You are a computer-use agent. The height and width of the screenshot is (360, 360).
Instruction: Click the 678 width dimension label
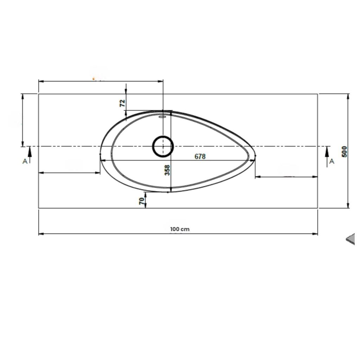[200, 156]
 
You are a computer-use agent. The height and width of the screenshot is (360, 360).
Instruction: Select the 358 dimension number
[168, 170]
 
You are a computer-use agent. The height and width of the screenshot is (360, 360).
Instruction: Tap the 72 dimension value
[122, 103]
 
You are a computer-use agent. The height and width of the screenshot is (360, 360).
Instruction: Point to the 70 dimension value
[141, 201]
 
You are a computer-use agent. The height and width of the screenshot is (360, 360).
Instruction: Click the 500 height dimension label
[345, 152]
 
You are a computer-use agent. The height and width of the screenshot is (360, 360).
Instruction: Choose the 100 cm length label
[180, 229]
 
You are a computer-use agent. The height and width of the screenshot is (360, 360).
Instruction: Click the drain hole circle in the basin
[163, 146]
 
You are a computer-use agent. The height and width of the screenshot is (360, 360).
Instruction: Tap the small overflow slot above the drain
[163, 117]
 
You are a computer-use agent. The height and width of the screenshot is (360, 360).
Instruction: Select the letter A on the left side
[25, 161]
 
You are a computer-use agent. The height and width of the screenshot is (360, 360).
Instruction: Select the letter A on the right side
[332, 161]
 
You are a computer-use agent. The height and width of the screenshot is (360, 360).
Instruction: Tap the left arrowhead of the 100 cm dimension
[40, 233]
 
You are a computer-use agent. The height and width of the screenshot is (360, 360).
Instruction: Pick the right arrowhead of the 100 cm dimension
[316, 233]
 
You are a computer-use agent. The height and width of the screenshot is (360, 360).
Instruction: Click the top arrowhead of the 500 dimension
[348, 96]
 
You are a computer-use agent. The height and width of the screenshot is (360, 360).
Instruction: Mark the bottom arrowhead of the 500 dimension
[348, 206]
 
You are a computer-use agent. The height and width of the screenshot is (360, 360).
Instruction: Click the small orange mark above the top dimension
[94, 79]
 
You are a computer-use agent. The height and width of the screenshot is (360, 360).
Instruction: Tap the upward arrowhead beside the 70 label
[146, 195]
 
